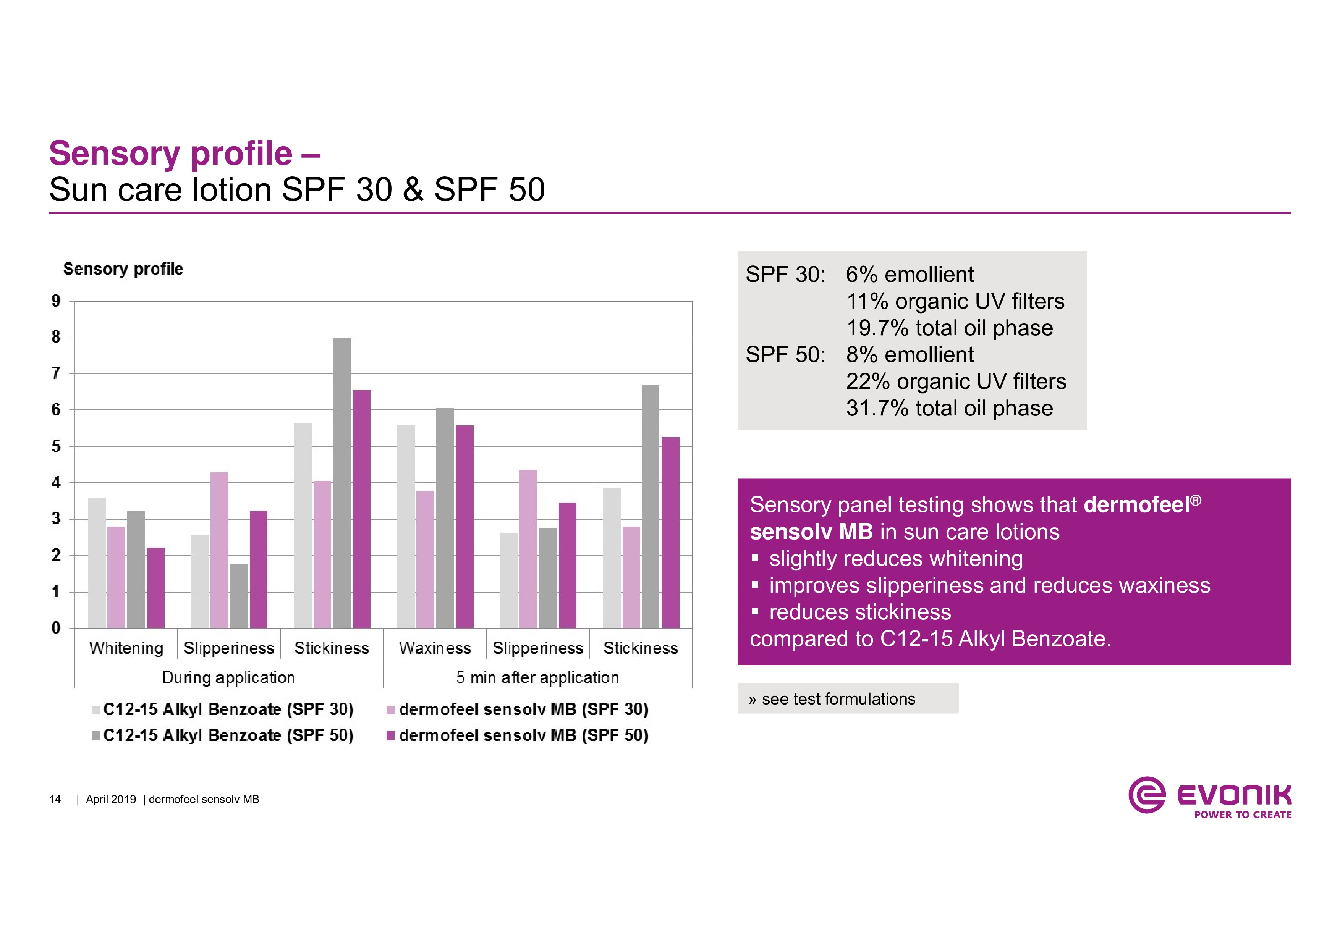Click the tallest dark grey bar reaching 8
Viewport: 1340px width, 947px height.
click(x=342, y=483)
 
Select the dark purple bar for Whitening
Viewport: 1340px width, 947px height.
click(x=155, y=588)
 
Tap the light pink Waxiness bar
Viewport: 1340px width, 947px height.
click(x=426, y=559)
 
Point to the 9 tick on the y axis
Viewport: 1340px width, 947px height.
click(x=56, y=301)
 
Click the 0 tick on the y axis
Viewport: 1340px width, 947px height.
click(x=56, y=629)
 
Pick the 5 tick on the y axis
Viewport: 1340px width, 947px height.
click(x=56, y=446)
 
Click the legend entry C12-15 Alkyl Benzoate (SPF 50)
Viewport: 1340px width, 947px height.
click(x=223, y=735)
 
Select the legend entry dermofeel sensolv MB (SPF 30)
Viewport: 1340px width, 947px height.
click(x=518, y=709)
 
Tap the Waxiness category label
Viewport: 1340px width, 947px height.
click(x=435, y=648)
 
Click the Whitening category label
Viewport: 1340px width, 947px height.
click(x=126, y=648)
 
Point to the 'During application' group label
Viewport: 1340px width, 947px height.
click(x=228, y=677)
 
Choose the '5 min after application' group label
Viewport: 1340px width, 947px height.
click(x=537, y=677)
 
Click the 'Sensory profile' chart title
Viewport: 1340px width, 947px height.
click(x=123, y=269)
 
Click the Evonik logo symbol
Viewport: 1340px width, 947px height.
click(x=1147, y=795)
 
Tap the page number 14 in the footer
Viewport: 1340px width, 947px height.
click(x=55, y=799)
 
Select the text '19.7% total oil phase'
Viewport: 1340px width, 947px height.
click(x=950, y=328)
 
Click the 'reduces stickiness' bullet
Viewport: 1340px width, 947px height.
click(x=860, y=612)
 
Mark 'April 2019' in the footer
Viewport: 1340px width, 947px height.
click(x=111, y=799)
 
